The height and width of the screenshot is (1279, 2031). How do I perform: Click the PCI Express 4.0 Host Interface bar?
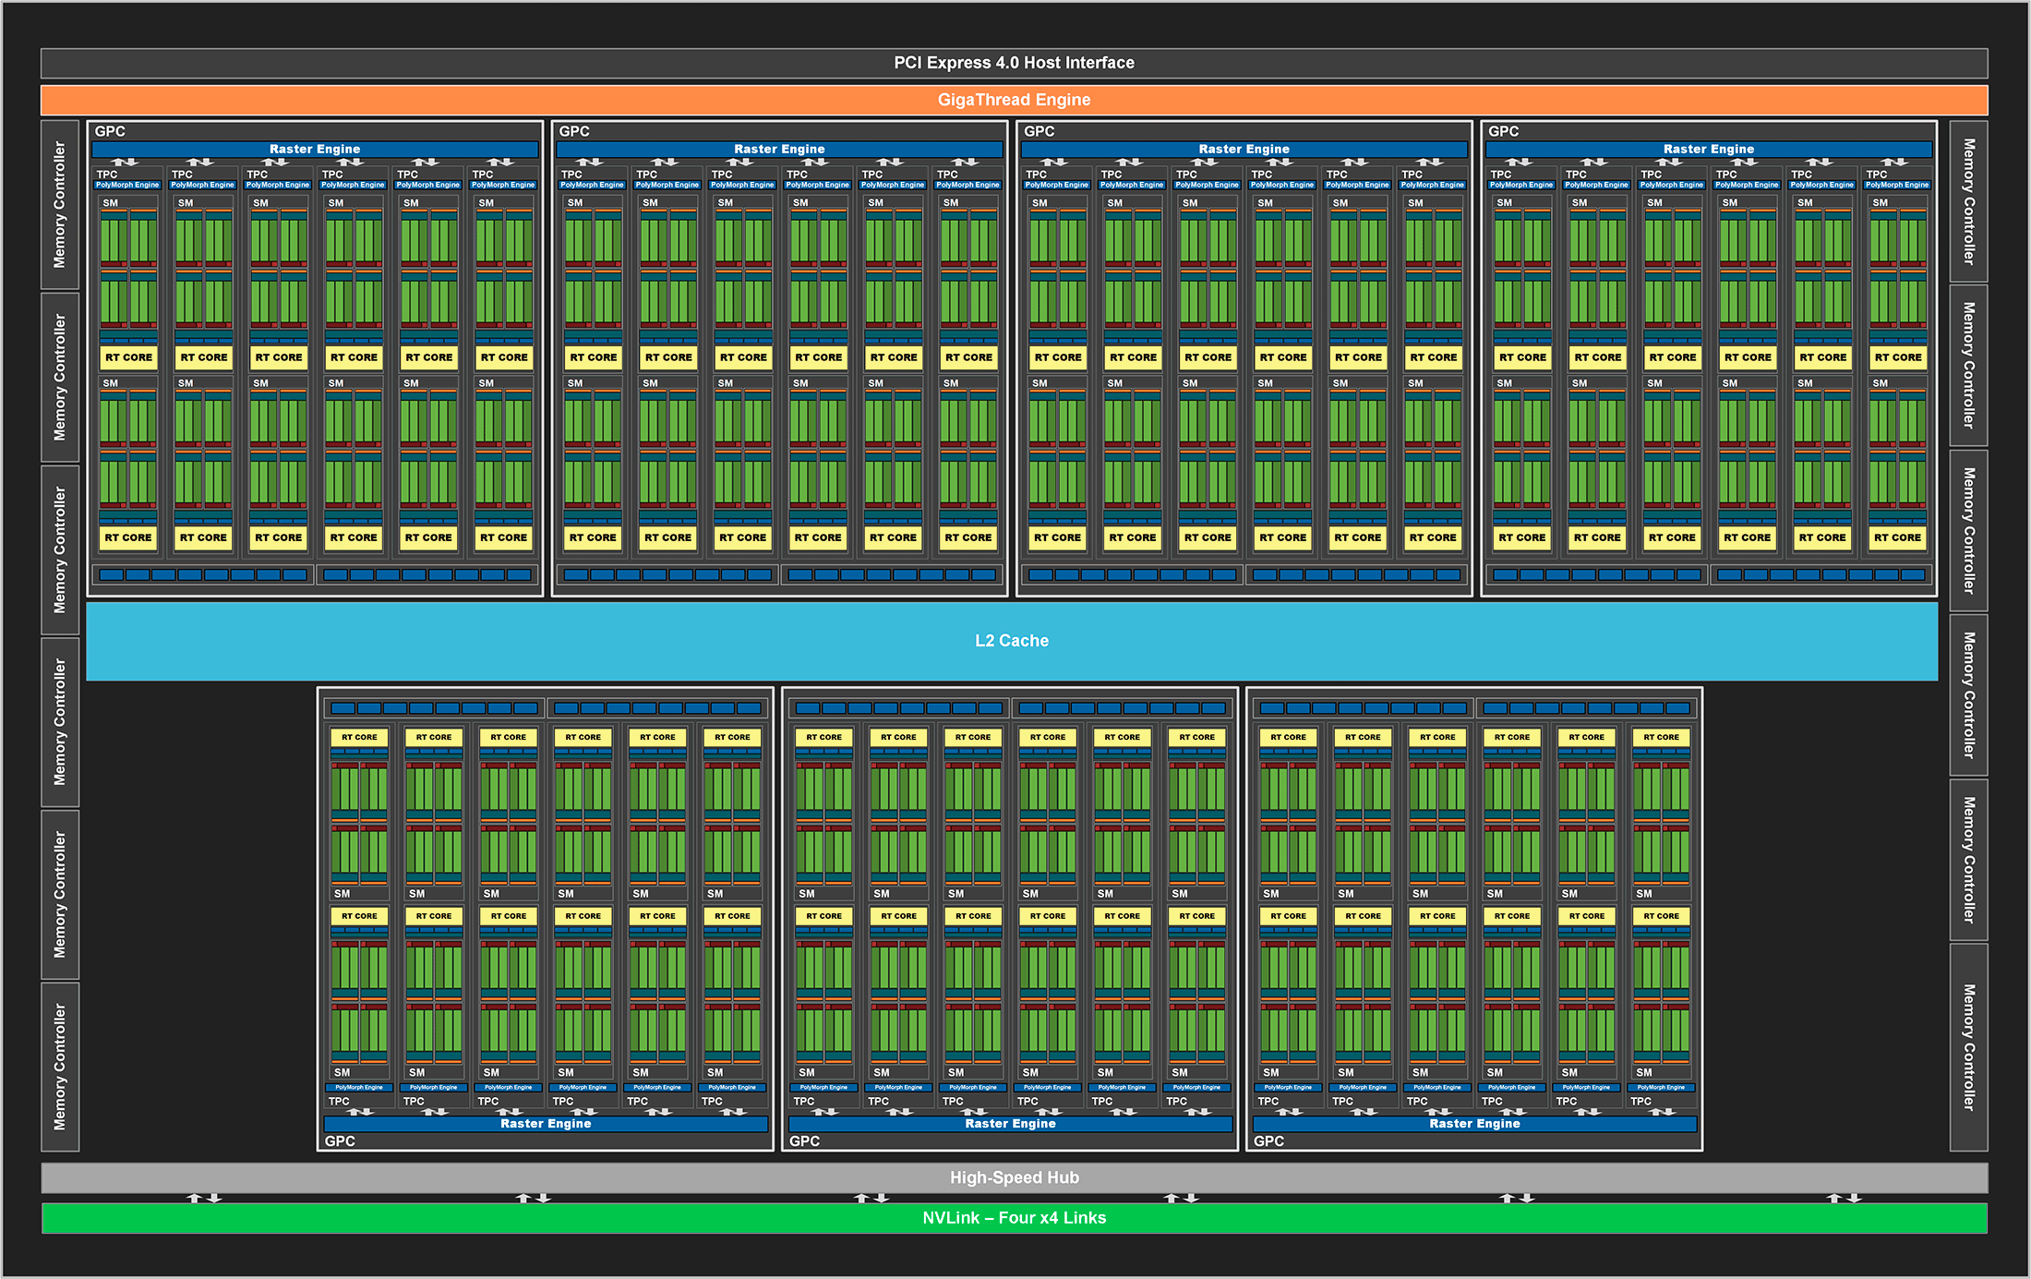click(1014, 63)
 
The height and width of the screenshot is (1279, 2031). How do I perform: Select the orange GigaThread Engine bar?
click(1014, 100)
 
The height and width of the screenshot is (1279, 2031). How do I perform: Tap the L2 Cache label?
click(1012, 641)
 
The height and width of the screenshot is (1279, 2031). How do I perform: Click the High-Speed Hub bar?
click(1014, 1177)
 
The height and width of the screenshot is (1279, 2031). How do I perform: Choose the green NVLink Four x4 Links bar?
click(1014, 1218)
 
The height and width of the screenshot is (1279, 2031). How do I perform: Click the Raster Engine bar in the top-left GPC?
click(315, 149)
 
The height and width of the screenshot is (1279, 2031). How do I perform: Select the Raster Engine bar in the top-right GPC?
click(1708, 149)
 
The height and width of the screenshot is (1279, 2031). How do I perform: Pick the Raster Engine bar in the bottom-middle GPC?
click(1010, 1124)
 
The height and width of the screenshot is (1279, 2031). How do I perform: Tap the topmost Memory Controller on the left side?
click(60, 204)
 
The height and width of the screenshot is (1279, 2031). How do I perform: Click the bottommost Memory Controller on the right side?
click(1968, 1047)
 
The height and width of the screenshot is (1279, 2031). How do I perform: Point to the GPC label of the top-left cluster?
click(110, 131)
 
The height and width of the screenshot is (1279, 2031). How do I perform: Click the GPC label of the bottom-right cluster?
click(1268, 1141)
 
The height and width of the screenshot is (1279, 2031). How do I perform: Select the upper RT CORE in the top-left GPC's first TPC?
click(128, 357)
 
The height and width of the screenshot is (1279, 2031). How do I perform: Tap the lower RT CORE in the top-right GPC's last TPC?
click(1897, 537)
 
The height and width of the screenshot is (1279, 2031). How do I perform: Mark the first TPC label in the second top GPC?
click(571, 174)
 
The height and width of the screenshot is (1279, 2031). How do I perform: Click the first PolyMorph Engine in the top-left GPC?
click(127, 185)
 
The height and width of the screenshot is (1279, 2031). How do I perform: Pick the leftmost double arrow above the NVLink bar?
click(204, 1198)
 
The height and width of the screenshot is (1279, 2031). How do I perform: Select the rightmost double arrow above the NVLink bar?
click(1844, 1198)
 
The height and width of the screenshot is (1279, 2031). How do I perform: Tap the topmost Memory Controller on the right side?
click(1968, 201)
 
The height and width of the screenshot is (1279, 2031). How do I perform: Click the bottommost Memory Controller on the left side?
click(60, 1067)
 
